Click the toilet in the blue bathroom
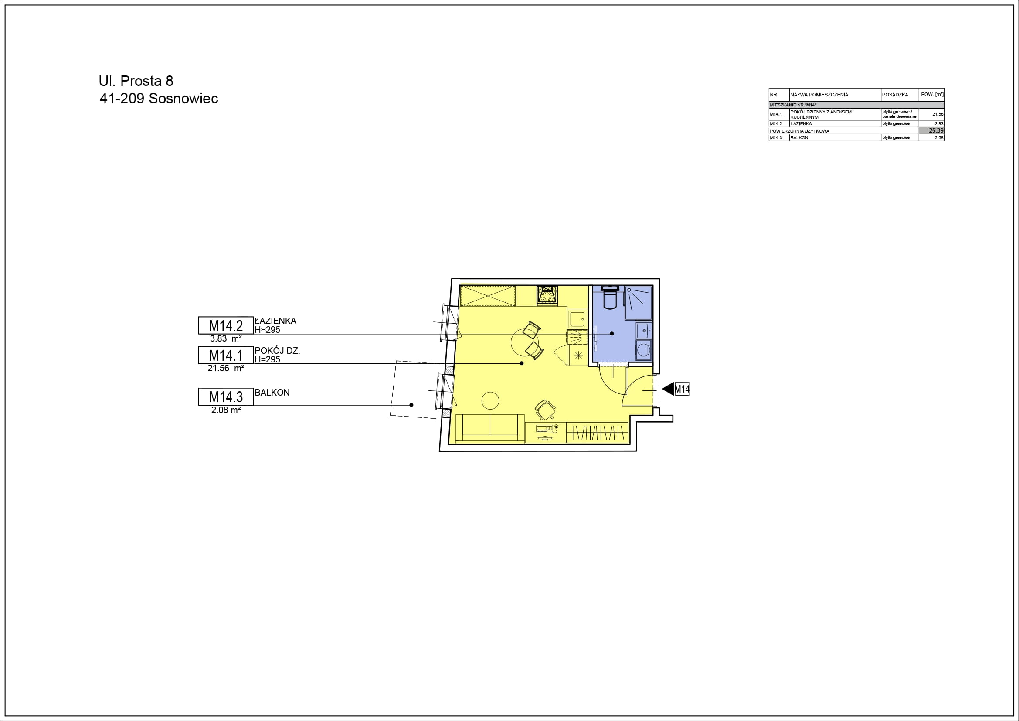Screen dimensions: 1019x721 [610, 297]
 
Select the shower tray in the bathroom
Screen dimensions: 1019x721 [638, 303]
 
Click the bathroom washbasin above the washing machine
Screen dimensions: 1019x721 [644, 331]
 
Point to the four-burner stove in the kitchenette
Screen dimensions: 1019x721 [547, 294]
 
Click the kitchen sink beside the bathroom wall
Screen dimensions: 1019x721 [577, 319]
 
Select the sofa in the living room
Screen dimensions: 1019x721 [490, 428]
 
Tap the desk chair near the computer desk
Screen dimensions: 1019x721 [544, 409]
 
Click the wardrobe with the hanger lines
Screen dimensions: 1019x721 [598, 432]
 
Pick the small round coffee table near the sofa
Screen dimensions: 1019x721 [490, 400]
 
